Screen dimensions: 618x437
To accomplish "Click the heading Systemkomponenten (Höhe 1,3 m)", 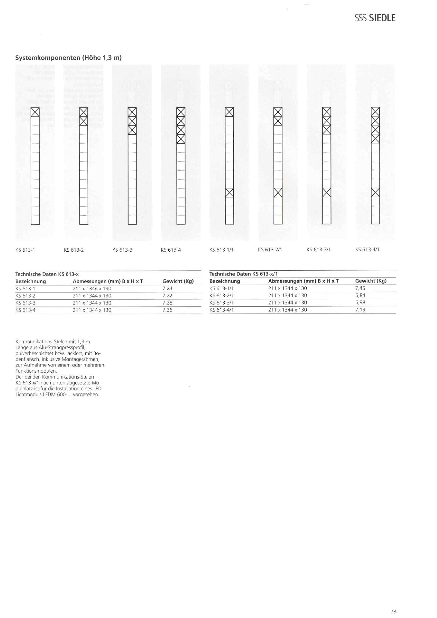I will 68,58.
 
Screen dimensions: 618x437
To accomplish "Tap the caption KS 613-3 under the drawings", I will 122,250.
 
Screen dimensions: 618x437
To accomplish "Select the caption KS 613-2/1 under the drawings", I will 270,249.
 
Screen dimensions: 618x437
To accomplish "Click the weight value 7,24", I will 167,289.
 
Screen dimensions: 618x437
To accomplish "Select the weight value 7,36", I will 167,310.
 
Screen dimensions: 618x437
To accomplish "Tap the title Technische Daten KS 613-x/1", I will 243,274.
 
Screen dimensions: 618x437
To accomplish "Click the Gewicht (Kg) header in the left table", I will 178,281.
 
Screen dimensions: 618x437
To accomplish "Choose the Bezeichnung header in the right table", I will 224,281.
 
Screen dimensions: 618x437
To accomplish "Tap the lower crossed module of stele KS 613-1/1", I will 229,192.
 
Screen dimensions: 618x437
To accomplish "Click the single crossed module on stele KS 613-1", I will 35,112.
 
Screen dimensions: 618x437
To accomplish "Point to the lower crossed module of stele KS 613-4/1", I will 375,192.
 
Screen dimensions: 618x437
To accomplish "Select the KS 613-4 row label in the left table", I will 25,310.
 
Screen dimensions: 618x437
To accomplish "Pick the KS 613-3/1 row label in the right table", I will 221,303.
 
